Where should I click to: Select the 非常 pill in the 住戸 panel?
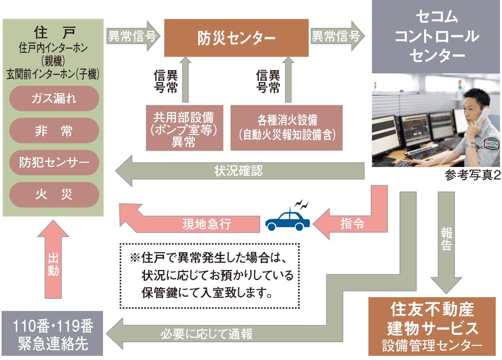pos(54,131)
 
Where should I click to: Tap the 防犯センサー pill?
pos(54,163)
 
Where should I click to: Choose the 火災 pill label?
pos(54,195)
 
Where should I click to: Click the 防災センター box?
pos(236,38)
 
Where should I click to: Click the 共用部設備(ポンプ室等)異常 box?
pos(180,128)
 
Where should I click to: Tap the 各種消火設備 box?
pos(286,127)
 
